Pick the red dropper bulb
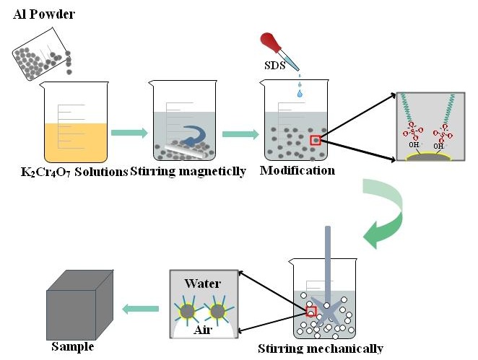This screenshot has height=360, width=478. coord(272,40)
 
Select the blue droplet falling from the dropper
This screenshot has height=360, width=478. coord(299,92)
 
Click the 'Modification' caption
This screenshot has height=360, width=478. coord(297,172)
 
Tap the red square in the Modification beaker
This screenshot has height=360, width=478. coord(315,140)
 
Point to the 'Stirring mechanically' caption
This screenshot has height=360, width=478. coord(321,349)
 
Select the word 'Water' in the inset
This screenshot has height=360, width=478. coord(203,283)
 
